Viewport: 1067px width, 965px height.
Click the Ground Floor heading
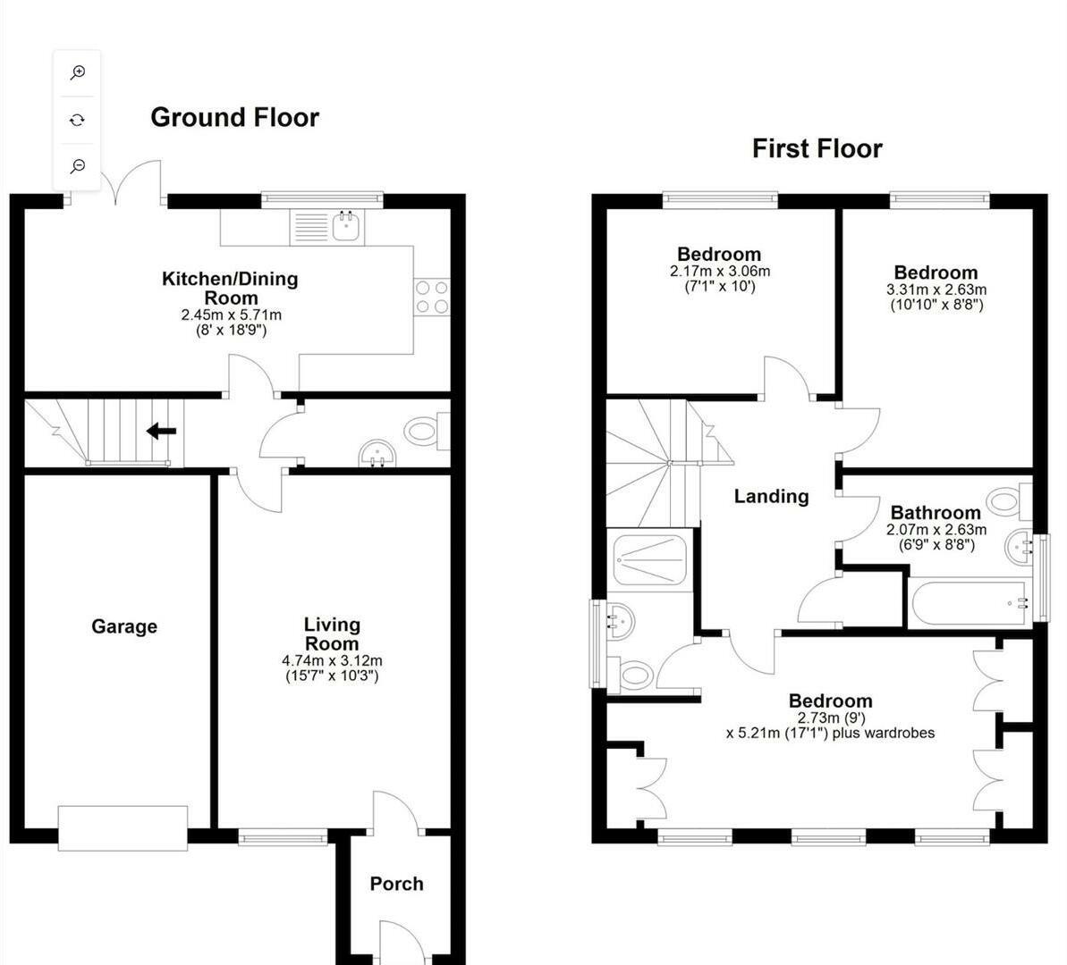click(234, 117)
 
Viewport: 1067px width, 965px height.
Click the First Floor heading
click(817, 148)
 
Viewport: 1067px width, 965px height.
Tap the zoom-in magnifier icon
click(78, 72)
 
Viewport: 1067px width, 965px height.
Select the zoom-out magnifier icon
click(78, 166)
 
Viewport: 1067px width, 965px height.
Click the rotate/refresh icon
click(78, 120)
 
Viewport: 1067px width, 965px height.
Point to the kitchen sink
click(345, 226)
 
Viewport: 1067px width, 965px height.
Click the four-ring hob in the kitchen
click(432, 297)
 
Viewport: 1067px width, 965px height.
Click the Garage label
click(123, 626)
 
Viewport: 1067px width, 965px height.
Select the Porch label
click(396, 884)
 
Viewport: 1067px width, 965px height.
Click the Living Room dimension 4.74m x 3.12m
click(332, 661)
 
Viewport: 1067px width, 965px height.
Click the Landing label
click(771, 497)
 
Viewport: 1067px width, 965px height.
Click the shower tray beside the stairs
click(649, 560)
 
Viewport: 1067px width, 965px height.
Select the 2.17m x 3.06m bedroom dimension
click(719, 272)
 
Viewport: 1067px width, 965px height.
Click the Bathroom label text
click(936, 513)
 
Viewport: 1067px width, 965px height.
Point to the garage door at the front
click(123, 827)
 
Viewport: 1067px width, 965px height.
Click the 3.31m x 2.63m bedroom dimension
click(936, 289)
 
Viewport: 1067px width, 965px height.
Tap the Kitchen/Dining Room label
click(230, 288)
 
